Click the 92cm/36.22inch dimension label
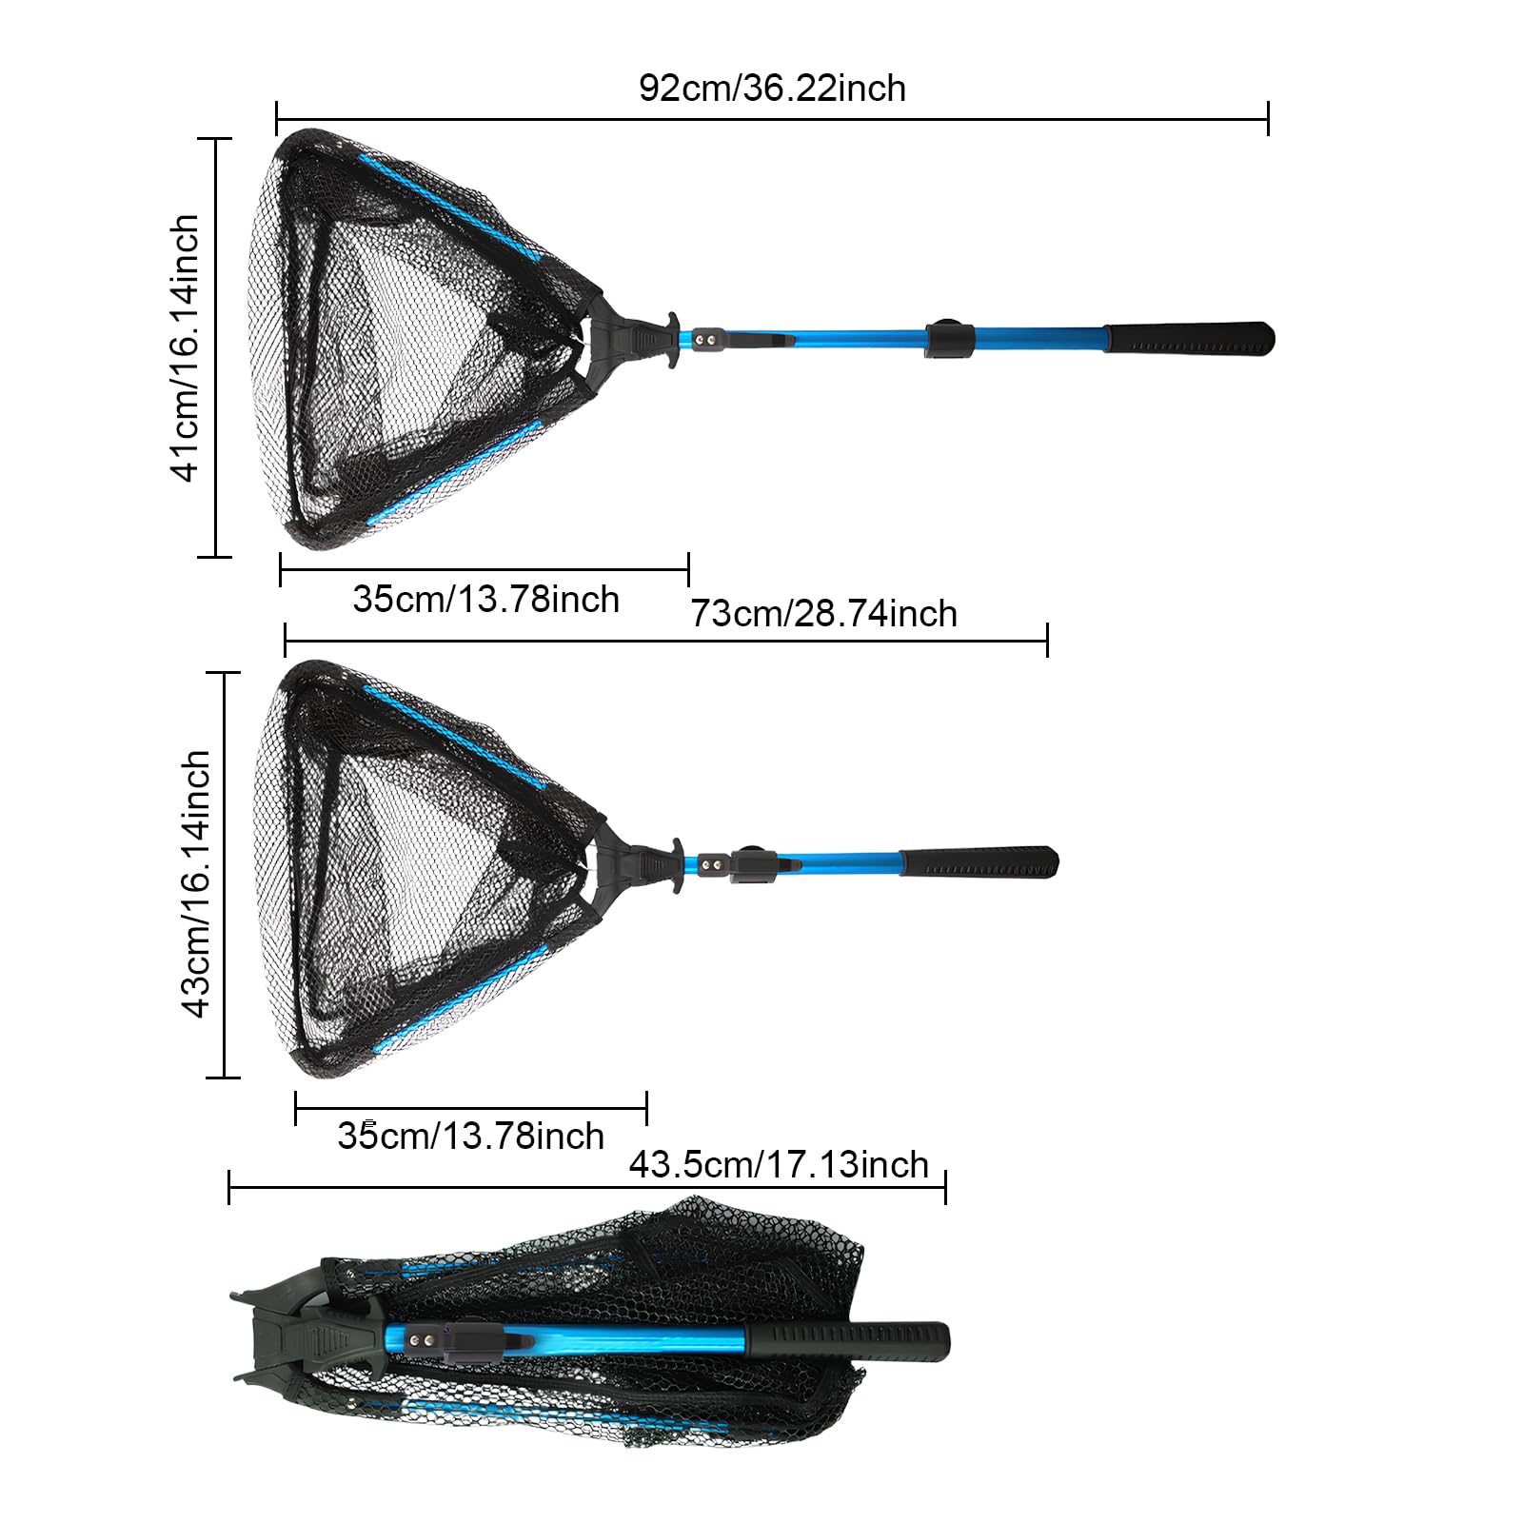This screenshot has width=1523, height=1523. (x=772, y=89)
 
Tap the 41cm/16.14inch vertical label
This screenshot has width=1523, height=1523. (x=185, y=347)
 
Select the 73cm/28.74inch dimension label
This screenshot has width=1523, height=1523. (x=823, y=614)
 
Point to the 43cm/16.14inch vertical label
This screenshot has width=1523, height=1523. (x=195, y=883)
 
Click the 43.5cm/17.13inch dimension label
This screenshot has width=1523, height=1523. (x=779, y=1165)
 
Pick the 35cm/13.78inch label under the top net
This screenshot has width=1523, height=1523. (x=485, y=600)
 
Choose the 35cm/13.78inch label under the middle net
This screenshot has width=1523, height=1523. (x=471, y=1137)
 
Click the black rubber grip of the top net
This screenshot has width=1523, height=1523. (x=1189, y=338)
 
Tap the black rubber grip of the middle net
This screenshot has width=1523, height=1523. (x=979, y=862)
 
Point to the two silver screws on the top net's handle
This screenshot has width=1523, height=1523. (x=706, y=338)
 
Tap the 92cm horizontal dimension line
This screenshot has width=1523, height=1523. (x=772, y=120)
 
